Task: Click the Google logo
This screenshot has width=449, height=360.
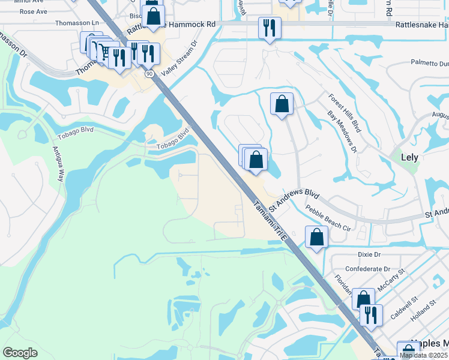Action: pos(20,353)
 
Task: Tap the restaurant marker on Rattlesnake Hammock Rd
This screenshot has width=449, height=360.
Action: pos(269,28)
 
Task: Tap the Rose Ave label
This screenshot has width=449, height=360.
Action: pos(34,11)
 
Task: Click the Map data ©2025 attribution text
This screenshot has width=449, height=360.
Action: pos(424,355)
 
